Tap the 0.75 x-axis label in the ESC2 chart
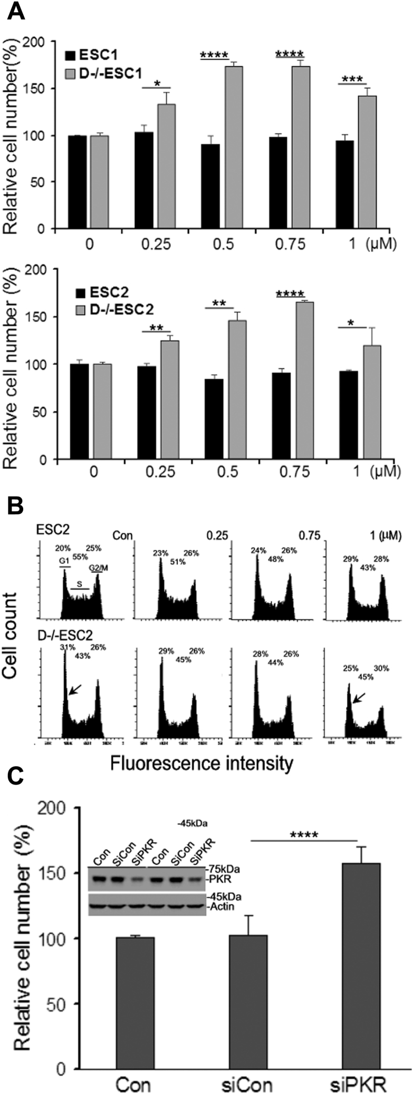295,473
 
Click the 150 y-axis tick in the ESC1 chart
42,89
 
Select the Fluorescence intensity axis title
201,762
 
